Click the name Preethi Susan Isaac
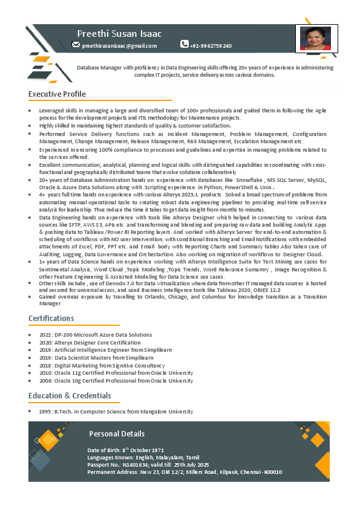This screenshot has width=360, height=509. click(119, 33)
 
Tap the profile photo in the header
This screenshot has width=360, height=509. click(316, 39)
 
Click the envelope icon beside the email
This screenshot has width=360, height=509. click(76, 44)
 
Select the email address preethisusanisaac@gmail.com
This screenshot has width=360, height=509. click(119, 46)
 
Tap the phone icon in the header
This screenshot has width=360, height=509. click(185, 44)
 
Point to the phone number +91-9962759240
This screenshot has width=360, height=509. click(211, 46)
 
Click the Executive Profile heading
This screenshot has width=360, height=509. click(57, 94)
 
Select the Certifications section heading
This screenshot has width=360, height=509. click(51, 318)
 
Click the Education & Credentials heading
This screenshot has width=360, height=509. click(70, 395)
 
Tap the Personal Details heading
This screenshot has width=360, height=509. click(117, 433)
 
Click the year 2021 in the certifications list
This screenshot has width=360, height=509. click(45, 334)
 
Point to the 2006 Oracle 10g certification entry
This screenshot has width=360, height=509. click(116, 381)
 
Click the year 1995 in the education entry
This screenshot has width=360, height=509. click(45, 411)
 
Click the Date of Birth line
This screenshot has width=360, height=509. click(126, 450)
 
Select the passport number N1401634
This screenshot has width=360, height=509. click(135, 464)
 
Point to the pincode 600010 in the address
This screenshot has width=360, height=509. click(273, 472)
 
